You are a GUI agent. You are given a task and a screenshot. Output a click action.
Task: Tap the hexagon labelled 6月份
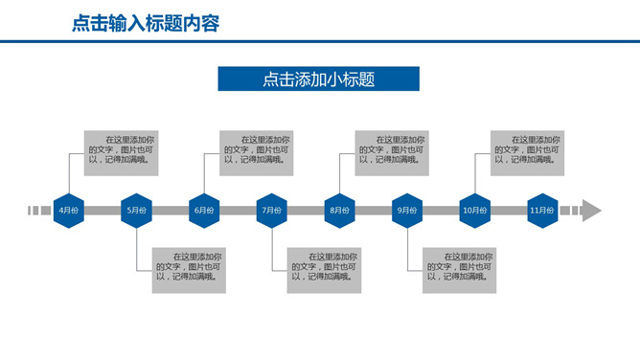point(204,211)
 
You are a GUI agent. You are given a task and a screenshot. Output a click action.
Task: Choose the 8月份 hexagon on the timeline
point(339,211)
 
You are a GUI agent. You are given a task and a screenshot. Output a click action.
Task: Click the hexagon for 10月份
point(474,211)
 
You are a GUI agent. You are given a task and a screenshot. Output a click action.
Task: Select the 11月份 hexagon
point(542,211)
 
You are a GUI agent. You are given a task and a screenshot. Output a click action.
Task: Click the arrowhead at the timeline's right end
point(591,211)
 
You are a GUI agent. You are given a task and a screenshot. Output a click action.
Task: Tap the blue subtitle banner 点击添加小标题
point(318,79)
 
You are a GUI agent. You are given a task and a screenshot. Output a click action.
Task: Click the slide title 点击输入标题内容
point(146,24)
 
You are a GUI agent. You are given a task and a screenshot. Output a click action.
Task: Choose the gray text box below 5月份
point(189,270)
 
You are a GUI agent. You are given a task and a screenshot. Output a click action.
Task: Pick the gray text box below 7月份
point(325,270)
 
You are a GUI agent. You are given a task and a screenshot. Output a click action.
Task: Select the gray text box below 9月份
point(460,270)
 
